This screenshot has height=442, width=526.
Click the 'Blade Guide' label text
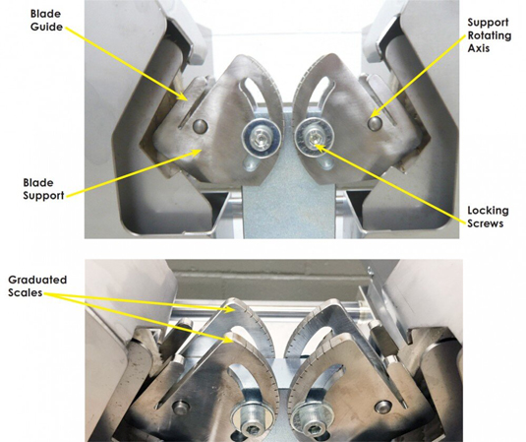tap(46, 20)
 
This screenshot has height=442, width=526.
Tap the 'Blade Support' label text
tap(43, 189)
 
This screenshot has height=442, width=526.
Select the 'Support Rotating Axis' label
tap(490, 35)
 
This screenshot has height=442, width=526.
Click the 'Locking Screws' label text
tap(488, 217)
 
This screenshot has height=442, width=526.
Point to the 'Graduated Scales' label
tap(37, 285)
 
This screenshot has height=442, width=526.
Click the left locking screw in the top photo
tap(262, 138)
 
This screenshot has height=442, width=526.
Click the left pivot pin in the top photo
tap(201, 126)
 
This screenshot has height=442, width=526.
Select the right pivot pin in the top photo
tap(375, 123)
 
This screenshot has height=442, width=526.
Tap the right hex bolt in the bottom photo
tap(312, 426)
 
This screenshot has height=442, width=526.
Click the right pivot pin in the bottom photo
tap(383, 407)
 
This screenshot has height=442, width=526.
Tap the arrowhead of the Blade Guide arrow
tap(183, 96)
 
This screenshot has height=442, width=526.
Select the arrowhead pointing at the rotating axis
tap(378, 112)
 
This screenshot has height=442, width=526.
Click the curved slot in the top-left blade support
tap(249, 96)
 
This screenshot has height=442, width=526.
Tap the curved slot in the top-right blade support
tap(322, 95)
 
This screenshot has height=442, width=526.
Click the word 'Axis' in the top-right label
tap(479, 48)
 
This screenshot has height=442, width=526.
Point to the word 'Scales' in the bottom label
tap(26, 292)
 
